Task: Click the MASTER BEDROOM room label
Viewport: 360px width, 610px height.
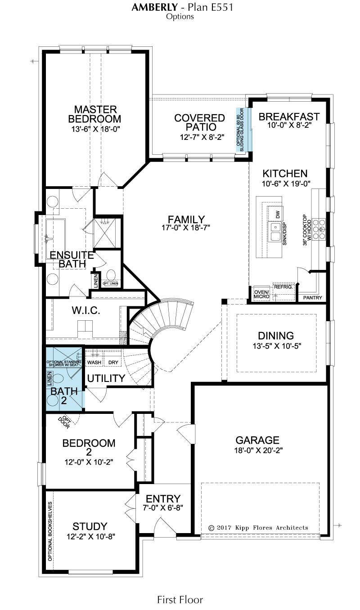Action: (94, 114)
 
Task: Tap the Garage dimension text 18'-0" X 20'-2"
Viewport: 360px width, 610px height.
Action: (258, 450)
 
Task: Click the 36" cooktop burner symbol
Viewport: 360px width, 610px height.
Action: (319, 229)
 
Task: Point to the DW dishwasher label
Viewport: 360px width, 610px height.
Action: (278, 215)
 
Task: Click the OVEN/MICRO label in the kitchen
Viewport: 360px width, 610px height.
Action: (262, 294)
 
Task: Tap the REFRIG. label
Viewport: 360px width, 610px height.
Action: (283, 287)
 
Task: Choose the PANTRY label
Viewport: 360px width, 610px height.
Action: (313, 298)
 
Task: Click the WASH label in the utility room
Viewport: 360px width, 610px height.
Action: (94, 363)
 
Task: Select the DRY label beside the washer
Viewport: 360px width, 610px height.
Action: (113, 363)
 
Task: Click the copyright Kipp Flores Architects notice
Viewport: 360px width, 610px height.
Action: (258, 528)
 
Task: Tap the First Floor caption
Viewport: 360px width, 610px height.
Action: (180, 599)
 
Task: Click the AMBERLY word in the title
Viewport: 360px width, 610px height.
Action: (155, 7)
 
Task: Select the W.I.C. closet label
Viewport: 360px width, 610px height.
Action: (86, 310)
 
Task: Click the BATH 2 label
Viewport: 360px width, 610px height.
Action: (64, 396)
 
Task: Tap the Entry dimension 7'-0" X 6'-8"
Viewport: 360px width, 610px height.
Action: (163, 507)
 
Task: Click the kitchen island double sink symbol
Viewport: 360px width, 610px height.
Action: (275, 232)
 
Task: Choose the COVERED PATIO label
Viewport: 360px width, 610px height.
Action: (200, 122)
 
